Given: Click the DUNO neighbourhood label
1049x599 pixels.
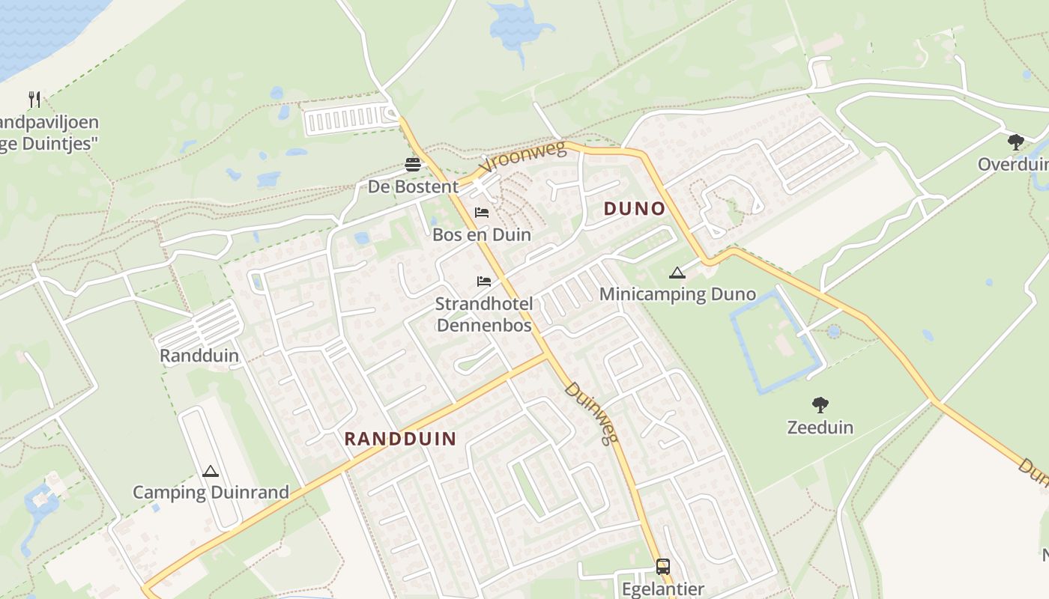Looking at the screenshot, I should point(635,209).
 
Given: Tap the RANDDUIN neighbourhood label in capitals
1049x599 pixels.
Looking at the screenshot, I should point(400,439).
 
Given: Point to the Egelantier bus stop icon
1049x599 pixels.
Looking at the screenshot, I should point(662,566).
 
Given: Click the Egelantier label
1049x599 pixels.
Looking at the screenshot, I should point(662,589).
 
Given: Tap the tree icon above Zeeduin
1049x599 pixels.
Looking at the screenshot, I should point(820,405).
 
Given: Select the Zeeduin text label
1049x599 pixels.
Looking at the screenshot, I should point(820,428).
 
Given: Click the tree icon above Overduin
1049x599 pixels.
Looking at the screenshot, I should point(1015,142).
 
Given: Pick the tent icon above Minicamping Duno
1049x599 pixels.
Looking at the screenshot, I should point(677,273).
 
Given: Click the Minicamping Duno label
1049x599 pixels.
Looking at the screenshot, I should point(677,294).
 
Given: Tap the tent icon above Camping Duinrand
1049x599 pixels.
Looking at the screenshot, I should point(211,472).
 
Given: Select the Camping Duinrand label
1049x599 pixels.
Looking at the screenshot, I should point(211,493).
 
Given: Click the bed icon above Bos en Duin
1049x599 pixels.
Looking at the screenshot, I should point(482,213).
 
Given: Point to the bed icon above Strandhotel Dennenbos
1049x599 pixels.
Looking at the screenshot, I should point(484,282).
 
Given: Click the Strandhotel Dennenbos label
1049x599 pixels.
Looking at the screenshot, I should point(484,314).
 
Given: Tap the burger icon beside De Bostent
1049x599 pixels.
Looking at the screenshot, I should point(413,164).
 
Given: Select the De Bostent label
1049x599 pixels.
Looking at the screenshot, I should point(413,186).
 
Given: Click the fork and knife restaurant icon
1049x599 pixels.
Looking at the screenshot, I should point(34,99).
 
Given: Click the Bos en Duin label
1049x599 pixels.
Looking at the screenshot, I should point(482,235).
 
